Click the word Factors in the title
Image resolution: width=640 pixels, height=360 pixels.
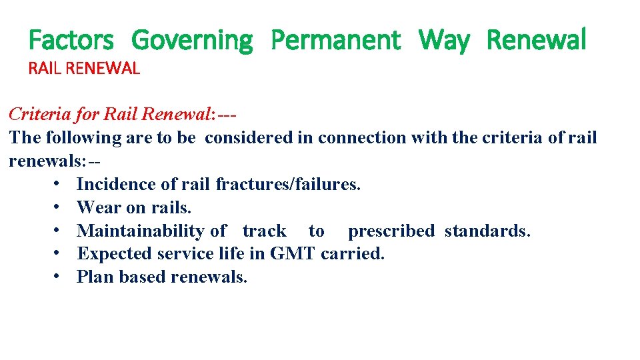click(71, 40)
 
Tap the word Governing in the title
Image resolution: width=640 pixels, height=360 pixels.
click(192, 40)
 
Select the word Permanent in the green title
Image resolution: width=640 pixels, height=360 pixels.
click(335, 40)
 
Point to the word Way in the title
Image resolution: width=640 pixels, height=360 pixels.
click(444, 40)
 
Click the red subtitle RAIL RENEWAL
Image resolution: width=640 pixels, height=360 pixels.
click(84, 68)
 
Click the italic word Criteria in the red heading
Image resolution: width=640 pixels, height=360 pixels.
click(39, 114)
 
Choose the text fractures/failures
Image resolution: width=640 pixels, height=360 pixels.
click(288, 184)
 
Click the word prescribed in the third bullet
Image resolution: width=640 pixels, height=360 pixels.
click(391, 231)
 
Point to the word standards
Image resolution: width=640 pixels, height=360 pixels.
click(488, 231)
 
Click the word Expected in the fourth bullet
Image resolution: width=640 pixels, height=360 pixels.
click(115, 254)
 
